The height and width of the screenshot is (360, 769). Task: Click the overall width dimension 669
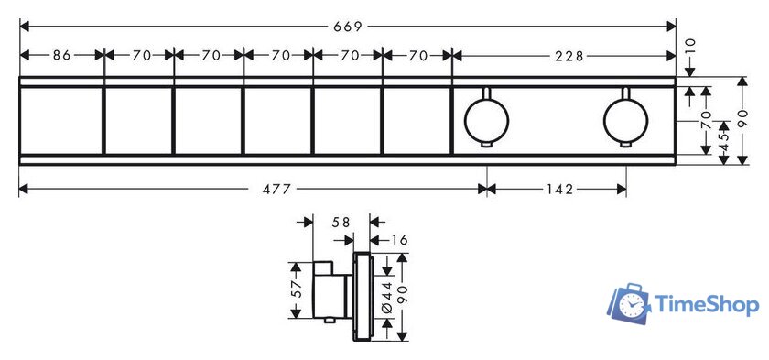tap(348, 27)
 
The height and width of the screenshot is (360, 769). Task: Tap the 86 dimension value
tap(62, 56)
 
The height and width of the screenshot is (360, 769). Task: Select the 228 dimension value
tap(569, 57)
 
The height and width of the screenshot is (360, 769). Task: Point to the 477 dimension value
tap(277, 190)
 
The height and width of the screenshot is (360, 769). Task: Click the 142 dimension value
tap(558, 190)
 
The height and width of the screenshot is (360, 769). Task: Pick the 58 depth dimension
tap(341, 223)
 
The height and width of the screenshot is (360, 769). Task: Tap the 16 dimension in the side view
tap(400, 240)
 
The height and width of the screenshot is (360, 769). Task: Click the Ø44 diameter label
tap(387, 297)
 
